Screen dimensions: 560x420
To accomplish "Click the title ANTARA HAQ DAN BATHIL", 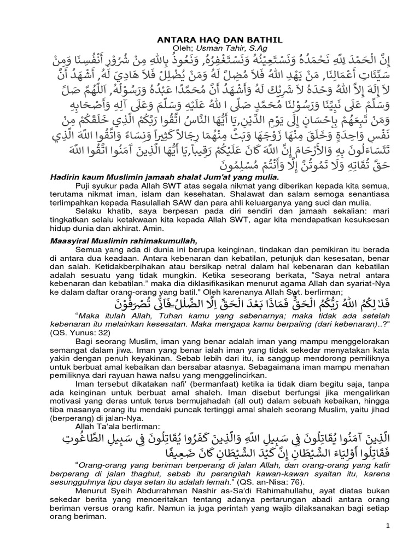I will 209,40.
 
